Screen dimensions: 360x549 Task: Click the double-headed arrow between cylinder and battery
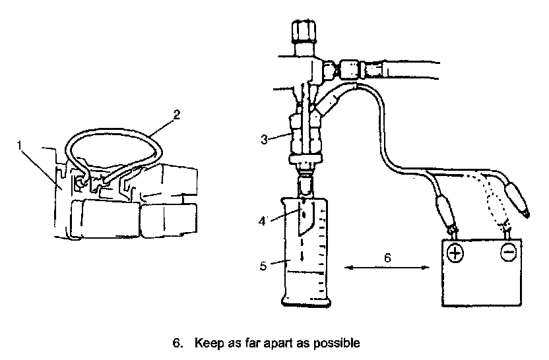[387, 268]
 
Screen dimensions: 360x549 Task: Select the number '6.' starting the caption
[176, 344]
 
